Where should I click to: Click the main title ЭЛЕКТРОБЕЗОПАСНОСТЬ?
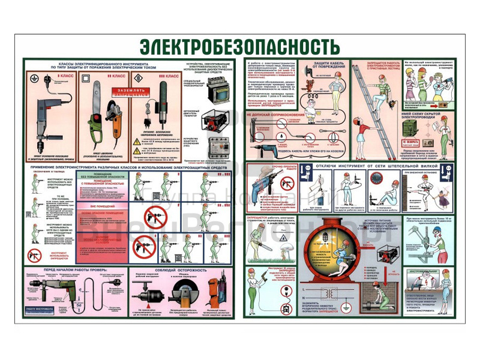pyautogui.click(x=240, y=46)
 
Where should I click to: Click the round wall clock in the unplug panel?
pyautogui.click(x=376, y=178)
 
